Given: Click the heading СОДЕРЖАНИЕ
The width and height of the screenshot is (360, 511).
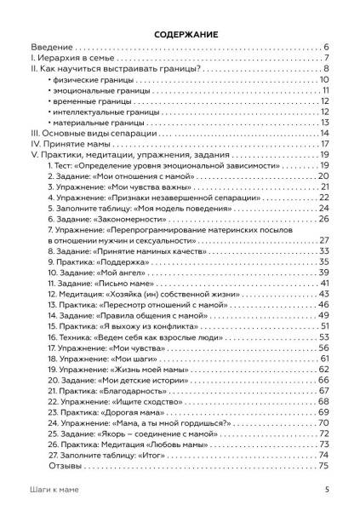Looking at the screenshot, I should (180, 32).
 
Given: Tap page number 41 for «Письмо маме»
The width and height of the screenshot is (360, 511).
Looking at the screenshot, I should (324, 283).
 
